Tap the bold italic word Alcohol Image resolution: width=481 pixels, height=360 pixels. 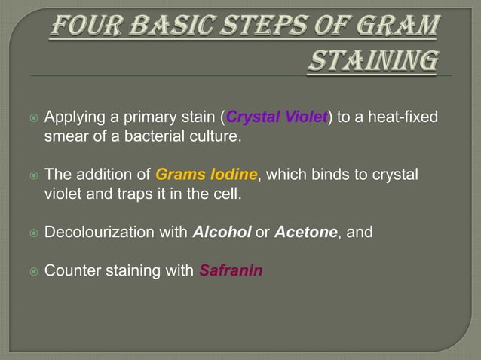pyautogui.click(x=222, y=233)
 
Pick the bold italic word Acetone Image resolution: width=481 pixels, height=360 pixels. pyautogui.click(x=305, y=233)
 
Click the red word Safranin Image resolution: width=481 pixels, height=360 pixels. pyautogui.click(x=231, y=270)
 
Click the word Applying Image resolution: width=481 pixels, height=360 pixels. pyautogui.click(x=72, y=118)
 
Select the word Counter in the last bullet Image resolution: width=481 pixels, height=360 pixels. pyautogui.click(x=70, y=270)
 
